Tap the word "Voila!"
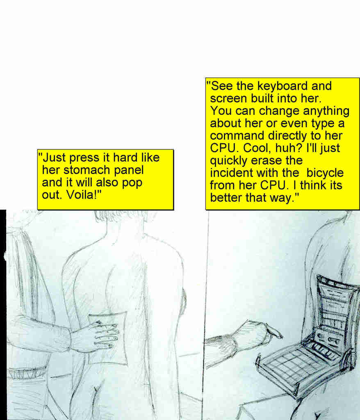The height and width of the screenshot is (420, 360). click(84, 194)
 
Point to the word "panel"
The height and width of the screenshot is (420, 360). click(128, 170)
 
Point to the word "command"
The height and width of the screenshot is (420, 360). click(237, 135)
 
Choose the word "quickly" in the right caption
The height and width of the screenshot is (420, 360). click(229, 161)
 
